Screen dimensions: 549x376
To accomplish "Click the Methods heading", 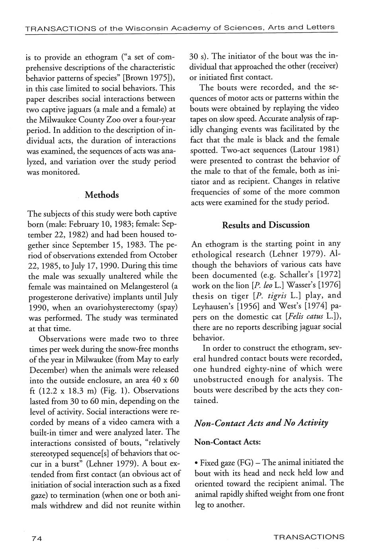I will [x=102, y=195].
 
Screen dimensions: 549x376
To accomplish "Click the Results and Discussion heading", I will [x=265, y=225].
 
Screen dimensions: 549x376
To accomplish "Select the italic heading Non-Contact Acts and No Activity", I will [x=261, y=422].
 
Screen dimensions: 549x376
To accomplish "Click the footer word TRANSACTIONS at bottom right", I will [x=309, y=537].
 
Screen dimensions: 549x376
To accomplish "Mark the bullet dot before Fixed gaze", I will [x=197, y=463].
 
